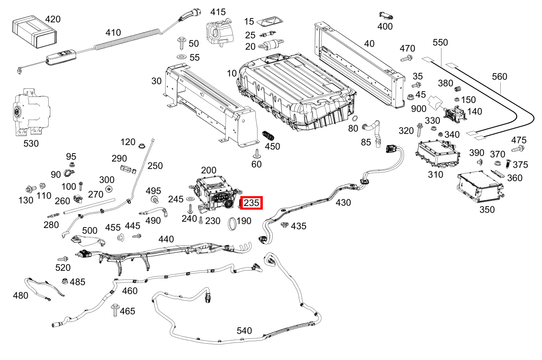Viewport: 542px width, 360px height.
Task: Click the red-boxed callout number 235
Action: pos(251,203)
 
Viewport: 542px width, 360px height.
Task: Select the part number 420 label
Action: pos(53,19)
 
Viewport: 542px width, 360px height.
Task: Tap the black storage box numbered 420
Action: pos(35,32)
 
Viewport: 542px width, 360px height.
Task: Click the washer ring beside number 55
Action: pos(181,57)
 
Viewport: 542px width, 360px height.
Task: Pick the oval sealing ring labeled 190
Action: pos(232,224)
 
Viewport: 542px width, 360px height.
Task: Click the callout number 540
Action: pos(244,331)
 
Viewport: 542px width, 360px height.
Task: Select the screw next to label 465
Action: pos(115,310)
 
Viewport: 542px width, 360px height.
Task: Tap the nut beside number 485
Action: pos(65,281)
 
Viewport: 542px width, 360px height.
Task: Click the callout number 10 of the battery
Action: pos(232,73)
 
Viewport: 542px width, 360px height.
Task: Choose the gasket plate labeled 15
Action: pos(270,21)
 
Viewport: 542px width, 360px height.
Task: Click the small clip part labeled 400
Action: pos(386,16)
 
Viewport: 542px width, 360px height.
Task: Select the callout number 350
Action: pos(487,210)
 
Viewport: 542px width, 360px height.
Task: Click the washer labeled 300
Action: pos(109,189)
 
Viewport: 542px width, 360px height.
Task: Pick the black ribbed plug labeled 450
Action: pos(268,136)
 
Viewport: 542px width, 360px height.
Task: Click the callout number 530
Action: pos(31,143)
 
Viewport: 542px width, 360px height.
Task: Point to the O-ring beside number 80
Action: pos(355,119)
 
